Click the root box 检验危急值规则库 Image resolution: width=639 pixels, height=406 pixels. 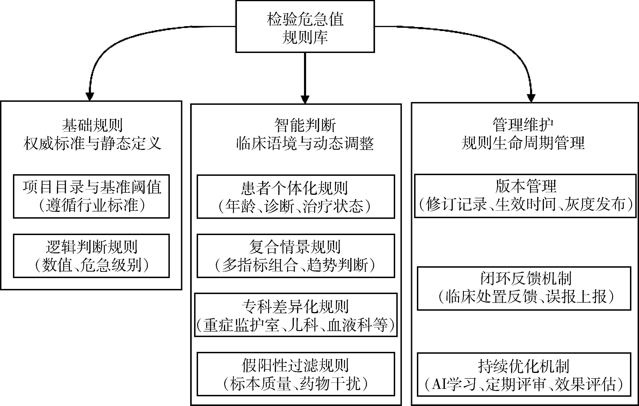[x=305, y=27]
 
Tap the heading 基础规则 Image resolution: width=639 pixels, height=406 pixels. [x=92, y=125]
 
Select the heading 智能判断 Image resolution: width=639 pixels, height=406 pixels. [x=305, y=125]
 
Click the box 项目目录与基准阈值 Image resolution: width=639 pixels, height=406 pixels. [x=91, y=196]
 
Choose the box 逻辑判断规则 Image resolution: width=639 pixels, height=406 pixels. [x=91, y=256]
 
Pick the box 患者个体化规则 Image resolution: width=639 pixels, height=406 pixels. [x=296, y=197]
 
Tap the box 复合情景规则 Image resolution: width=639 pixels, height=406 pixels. [x=296, y=256]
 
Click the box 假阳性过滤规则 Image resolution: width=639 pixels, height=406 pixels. [x=296, y=374]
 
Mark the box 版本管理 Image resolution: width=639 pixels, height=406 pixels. [x=525, y=196]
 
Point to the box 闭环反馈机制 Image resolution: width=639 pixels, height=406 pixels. [x=524, y=288]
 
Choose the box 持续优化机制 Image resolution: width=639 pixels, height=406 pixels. [x=524, y=374]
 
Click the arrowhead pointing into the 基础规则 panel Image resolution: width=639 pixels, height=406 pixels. [x=90, y=97]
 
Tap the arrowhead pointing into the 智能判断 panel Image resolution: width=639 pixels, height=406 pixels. [x=305, y=99]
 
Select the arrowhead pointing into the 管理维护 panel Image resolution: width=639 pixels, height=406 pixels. [x=531, y=98]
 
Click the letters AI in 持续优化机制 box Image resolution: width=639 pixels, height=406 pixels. [x=439, y=384]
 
